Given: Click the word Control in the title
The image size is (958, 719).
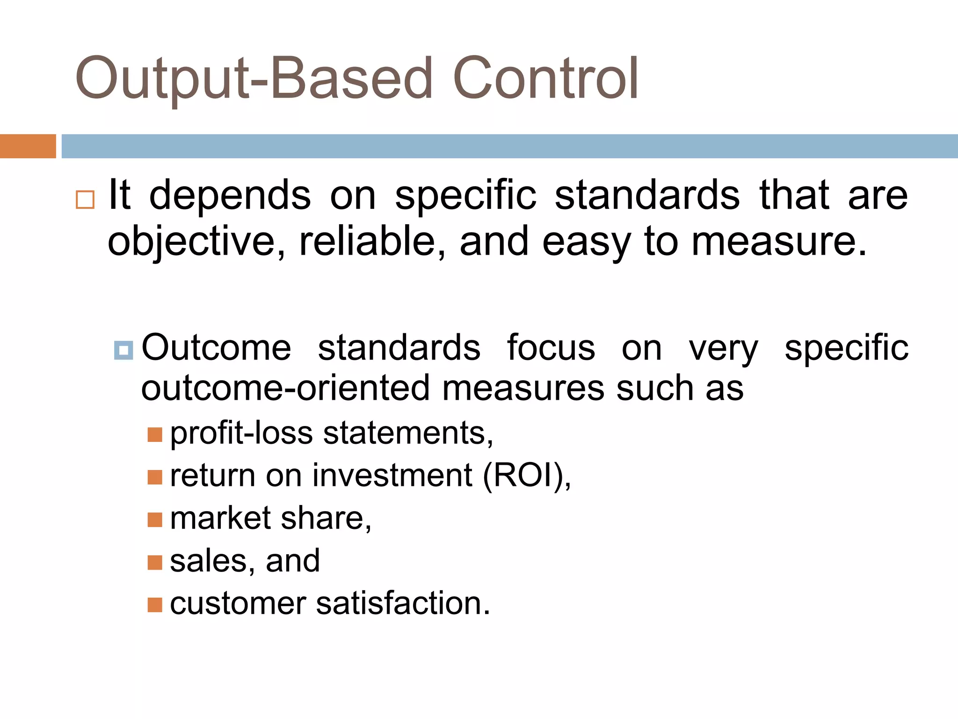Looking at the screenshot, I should pos(545,79).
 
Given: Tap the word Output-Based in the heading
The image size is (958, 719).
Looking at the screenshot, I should pos(254,79).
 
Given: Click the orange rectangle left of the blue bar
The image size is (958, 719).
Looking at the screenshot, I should pos(28,146).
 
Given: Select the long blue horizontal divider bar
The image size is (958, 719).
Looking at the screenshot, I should pos(509,146).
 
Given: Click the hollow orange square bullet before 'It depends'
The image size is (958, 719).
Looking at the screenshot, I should pos(85,199).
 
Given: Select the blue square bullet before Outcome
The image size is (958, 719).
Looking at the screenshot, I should pos(123,350).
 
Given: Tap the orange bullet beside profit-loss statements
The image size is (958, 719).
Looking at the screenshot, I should pos(154,435).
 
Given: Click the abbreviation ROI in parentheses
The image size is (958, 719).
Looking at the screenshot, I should pos(526,476).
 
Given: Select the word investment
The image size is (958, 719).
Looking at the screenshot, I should pos(392,476).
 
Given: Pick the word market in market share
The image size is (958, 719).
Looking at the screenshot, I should pos(220,518).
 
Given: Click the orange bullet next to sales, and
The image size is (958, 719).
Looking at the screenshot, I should pos(154,562).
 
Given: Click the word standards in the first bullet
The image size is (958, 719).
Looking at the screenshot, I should pos(647,196).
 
